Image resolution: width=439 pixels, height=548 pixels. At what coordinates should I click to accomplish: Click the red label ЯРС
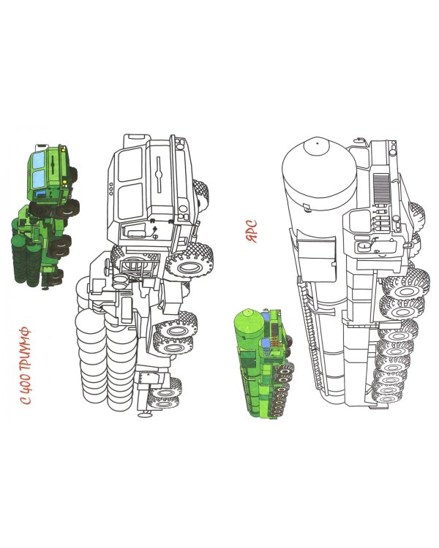[x=252, y=231]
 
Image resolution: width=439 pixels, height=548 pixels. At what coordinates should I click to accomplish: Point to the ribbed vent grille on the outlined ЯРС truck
[x=382, y=189]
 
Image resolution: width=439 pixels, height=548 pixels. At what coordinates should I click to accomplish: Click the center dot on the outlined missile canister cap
[x=317, y=143]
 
